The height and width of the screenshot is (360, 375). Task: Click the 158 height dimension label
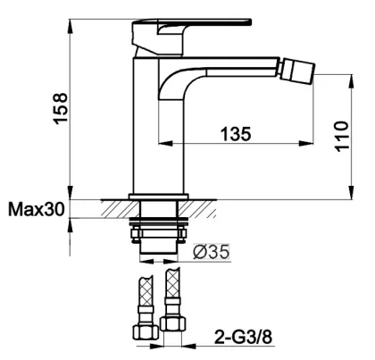[61, 108]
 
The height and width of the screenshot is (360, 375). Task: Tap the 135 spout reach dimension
[236, 134]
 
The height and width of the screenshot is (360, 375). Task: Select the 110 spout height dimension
[341, 137]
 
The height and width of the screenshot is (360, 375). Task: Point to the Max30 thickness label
[36, 209]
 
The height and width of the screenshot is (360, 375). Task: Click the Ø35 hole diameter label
[212, 252]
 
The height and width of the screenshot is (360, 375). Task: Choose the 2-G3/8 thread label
[243, 338]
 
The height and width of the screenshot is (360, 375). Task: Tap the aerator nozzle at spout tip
[298, 68]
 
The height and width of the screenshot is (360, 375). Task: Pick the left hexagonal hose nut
[146, 332]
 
